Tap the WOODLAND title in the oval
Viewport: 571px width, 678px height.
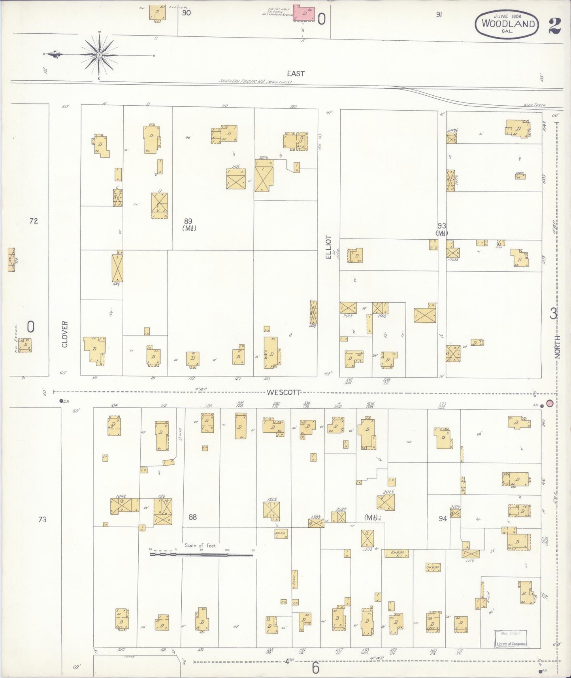pos(508,23)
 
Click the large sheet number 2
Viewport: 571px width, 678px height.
pos(554,25)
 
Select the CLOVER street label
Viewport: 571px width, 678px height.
pos(65,334)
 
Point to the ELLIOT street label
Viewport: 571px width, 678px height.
pos(328,247)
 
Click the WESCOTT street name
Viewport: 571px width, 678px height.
pos(283,392)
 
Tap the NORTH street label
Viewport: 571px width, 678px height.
pos(557,347)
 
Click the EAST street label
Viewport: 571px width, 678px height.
pos(296,74)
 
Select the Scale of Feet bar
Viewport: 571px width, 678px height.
pos(201,555)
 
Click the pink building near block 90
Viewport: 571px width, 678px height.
pos(304,13)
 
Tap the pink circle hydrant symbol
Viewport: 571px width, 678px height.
pos(549,403)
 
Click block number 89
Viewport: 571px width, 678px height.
pos(188,221)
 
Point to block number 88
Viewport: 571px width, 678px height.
pos(192,517)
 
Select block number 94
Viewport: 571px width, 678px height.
pos(443,518)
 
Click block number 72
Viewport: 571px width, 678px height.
pos(34,221)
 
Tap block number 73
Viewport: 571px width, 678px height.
pos(42,519)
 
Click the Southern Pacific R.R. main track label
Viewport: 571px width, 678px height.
pos(256,81)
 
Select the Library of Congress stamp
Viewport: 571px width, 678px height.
pos(511,638)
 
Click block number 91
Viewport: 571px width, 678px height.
pos(439,15)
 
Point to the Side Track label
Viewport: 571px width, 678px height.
pos(535,105)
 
